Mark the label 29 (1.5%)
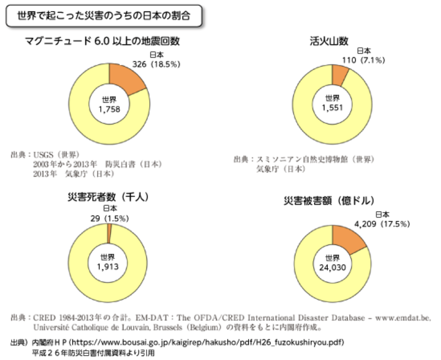click(110, 218)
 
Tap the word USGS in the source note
click(43, 155)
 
